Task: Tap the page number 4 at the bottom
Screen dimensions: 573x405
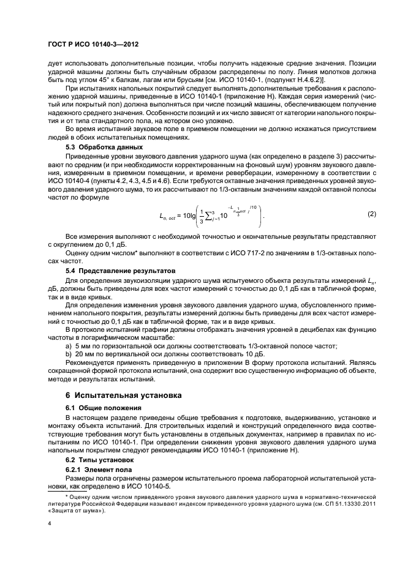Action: tap(49, 524)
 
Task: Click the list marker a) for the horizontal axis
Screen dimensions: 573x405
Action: tap(69, 346)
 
